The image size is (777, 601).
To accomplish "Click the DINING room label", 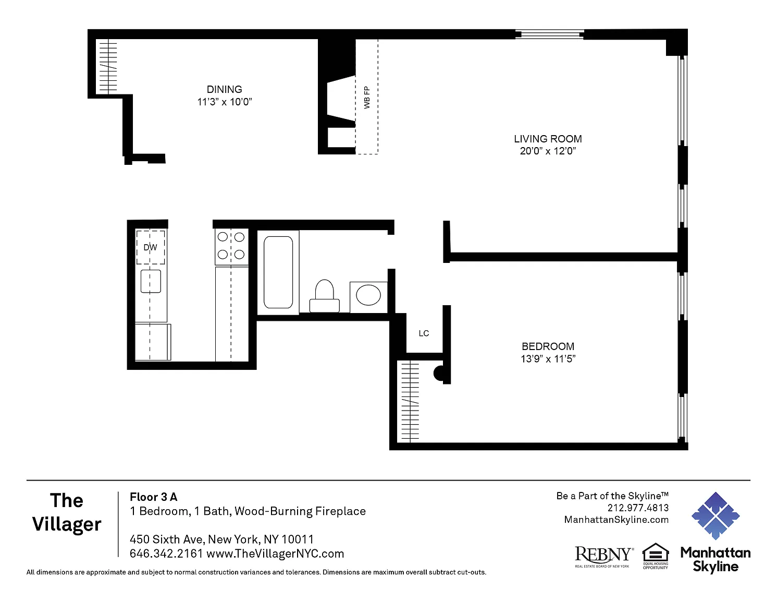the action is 224,89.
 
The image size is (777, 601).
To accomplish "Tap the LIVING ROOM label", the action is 548,139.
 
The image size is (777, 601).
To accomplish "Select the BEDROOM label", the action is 548,346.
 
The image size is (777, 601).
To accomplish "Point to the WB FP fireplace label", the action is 367,98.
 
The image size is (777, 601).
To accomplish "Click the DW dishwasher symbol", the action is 151,247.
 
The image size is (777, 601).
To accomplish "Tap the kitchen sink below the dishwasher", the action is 151,281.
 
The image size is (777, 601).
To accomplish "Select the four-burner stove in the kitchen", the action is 231,246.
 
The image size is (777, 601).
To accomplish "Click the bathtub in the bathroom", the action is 278,272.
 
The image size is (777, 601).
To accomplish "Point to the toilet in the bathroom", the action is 324,296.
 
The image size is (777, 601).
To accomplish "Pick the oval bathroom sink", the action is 368,295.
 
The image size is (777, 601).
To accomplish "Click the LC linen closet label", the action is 424,333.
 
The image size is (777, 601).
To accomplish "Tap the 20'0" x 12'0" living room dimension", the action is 548,151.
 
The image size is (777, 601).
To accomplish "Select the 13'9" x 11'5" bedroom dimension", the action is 548,358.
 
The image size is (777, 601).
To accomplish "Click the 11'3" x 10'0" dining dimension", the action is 225,102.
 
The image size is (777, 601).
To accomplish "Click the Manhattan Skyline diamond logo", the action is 716,516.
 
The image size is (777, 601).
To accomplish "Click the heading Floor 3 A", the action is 153,497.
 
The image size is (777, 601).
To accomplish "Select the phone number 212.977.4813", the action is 638,508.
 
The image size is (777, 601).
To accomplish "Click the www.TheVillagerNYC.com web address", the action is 275,554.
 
